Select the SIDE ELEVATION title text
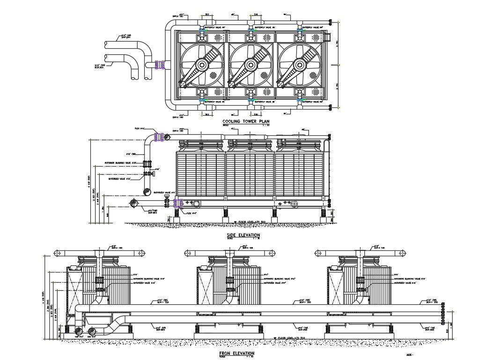point(243,235)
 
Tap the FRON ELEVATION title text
point(237,353)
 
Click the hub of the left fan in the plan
point(202,65)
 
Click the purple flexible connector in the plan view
point(161,65)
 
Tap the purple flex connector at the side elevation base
point(177,203)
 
